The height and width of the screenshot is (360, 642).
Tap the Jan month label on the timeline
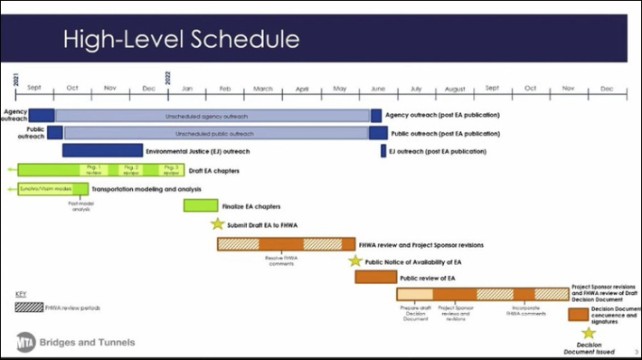click(x=186, y=89)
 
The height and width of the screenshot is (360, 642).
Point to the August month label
click(x=455, y=89)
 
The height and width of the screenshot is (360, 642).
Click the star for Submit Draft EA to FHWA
click(x=217, y=224)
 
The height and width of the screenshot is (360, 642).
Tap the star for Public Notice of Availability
click(x=355, y=261)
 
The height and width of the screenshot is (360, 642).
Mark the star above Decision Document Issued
click(x=589, y=334)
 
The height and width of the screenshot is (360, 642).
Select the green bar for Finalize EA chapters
click(x=201, y=206)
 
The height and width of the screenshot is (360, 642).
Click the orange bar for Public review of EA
click(x=375, y=278)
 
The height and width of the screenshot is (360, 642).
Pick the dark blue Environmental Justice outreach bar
click(x=102, y=151)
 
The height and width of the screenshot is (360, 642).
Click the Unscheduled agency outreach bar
click(x=212, y=116)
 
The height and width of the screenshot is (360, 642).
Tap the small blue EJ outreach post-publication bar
click(x=382, y=151)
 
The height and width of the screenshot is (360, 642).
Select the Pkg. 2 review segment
click(x=131, y=169)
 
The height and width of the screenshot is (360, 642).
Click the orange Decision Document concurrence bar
click(x=579, y=314)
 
